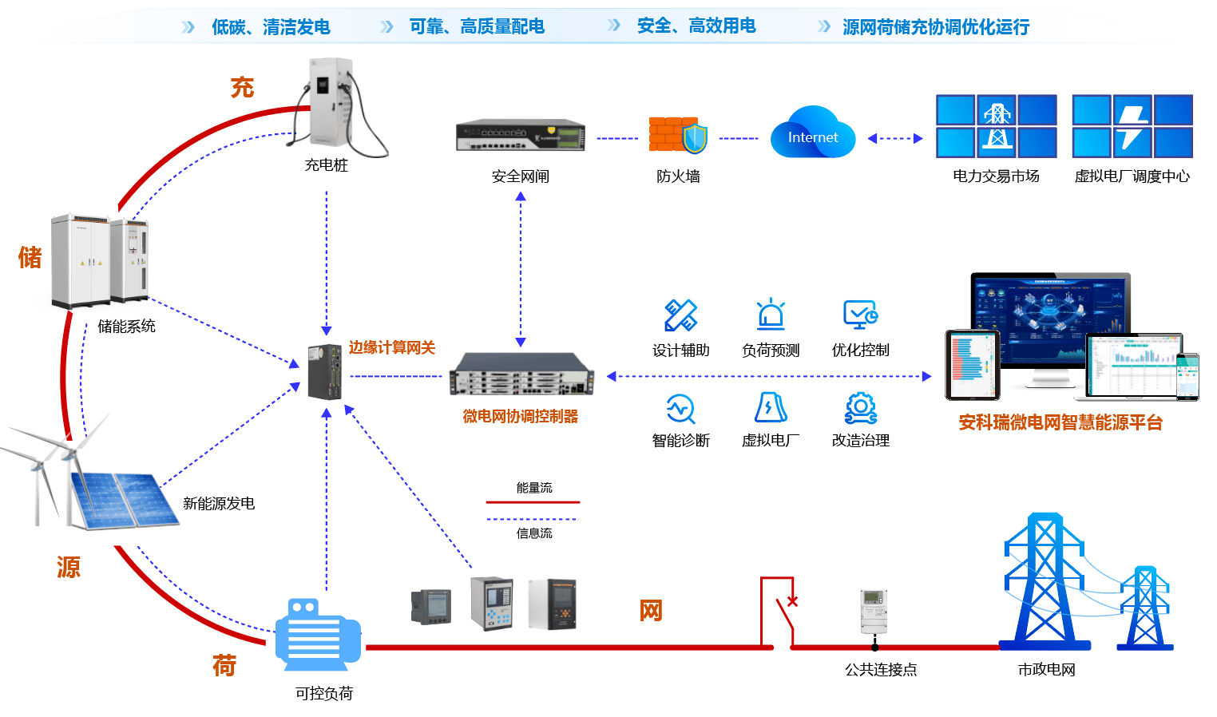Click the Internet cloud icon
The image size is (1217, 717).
coord(812,134)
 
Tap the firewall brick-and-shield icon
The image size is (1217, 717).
coord(677,135)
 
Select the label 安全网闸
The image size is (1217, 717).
coord(520,176)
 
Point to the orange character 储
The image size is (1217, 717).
coord(30,257)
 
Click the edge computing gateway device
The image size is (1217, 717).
coord(326,371)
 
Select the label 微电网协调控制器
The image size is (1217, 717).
coord(520,416)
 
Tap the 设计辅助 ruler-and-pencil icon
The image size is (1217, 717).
coord(680,315)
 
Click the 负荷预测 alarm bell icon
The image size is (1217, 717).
coord(771,315)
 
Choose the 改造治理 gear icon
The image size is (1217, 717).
coord(860,407)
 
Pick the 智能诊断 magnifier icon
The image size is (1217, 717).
coord(680,408)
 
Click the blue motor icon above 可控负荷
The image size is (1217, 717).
coord(317,635)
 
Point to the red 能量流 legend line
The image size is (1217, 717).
coord(533,502)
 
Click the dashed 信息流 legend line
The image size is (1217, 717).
coord(533,520)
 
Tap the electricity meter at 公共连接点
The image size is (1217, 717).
coord(874,611)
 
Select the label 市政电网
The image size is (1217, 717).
coord(1046,669)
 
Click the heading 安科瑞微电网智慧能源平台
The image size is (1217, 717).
coord(1060,422)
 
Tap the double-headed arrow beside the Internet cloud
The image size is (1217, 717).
coord(895,138)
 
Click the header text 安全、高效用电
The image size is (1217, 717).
coord(696,26)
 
